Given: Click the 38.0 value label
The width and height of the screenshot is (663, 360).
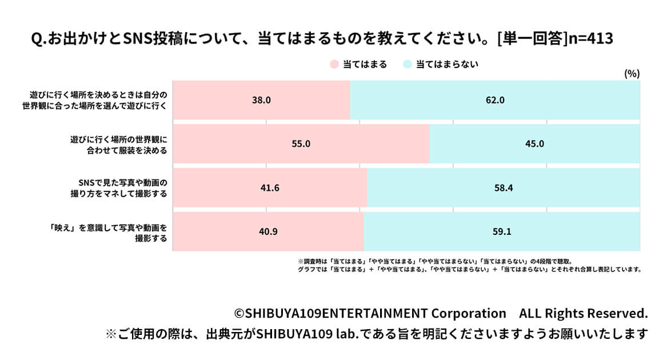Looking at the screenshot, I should [261, 100].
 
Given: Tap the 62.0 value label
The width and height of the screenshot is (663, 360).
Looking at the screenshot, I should [495, 100].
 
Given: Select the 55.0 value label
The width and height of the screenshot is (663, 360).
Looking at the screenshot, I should [301, 144].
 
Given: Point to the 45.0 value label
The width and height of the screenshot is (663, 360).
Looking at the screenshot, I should [535, 144].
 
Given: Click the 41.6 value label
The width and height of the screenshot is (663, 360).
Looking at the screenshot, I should [270, 187].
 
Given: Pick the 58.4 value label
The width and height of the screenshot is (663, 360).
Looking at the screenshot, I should [504, 187].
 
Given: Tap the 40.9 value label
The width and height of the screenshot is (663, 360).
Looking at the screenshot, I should [268, 232].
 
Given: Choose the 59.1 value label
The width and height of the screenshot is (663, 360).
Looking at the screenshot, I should [502, 232].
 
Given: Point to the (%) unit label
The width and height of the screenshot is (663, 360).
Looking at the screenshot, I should [632, 74].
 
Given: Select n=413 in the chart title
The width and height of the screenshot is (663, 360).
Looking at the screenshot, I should [588, 39].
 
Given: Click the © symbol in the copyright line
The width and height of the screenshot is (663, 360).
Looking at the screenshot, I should [239, 314].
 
